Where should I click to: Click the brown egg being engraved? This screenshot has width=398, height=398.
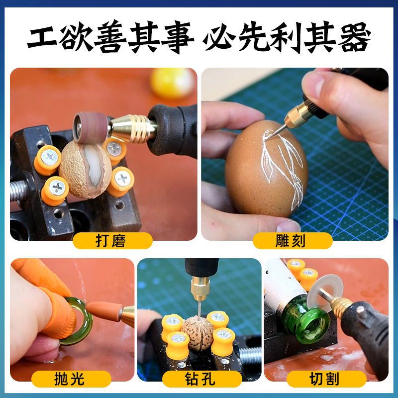259,169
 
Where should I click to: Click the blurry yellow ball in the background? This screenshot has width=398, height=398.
172,82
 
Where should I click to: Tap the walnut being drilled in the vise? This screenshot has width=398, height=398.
198,330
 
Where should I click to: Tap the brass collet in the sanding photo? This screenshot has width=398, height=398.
132,129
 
